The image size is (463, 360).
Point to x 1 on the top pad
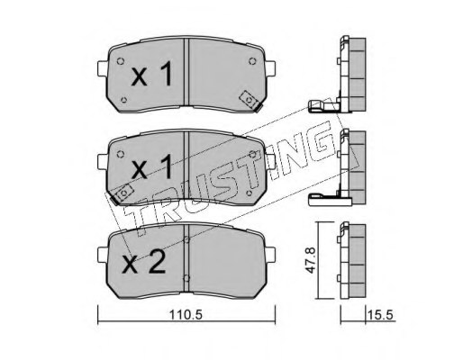pyautogui.click(x=149, y=76)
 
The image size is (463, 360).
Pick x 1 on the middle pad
pyautogui.click(x=149, y=167)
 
